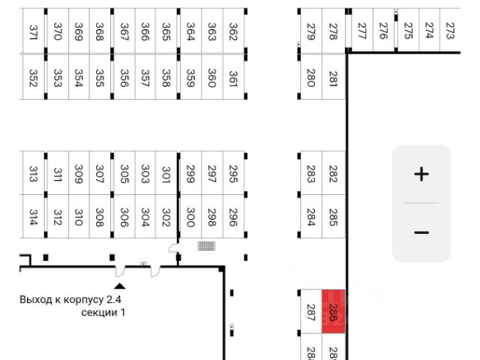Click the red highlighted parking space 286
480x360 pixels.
tap(334, 311)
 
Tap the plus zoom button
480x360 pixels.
tap(421, 175)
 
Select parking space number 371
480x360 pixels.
tap(33, 31)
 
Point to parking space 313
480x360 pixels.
tap(33, 174)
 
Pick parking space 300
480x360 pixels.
tap(190, 217)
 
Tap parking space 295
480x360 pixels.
tap(233, 174)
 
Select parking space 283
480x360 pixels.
tap(310, 174)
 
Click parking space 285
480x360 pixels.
tap(334, 217)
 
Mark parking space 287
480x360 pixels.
tap(310, 311)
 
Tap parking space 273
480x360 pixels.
tap(450, 31)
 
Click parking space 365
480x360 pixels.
tap(166, 31)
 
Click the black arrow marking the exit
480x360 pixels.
tap(120, 285)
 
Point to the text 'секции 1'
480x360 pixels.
tap(103, 312)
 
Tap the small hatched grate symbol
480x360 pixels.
tap(206, 246)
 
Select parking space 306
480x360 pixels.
tap(124, 217)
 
